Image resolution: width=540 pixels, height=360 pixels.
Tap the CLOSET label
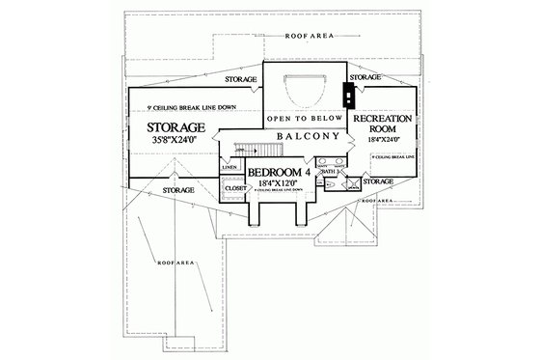pos(234,190)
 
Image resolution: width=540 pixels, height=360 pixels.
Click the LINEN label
pos(229,167)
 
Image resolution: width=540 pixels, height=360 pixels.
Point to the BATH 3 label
pos(329,171)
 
